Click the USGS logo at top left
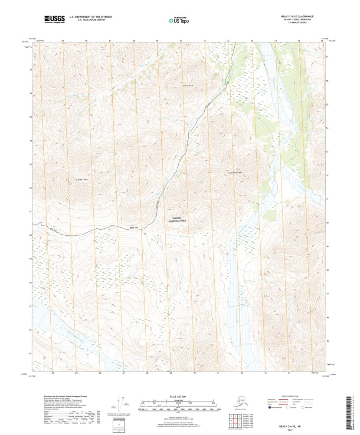[54, 19]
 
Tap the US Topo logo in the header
[178, 20]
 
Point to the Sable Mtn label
[82, 179]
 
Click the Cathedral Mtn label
[235, 172]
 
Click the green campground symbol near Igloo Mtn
[227, 82]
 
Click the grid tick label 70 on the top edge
[181, 40]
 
